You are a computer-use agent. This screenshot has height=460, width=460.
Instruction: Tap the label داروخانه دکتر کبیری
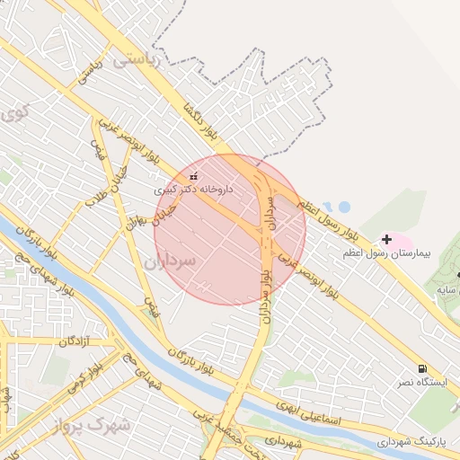coord(194,190)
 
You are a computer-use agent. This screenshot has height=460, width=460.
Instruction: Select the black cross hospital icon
coord(387,239)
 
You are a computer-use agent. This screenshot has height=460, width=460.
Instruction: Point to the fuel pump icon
coord(421,368)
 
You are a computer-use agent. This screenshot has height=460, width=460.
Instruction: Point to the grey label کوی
coord(13,113)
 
